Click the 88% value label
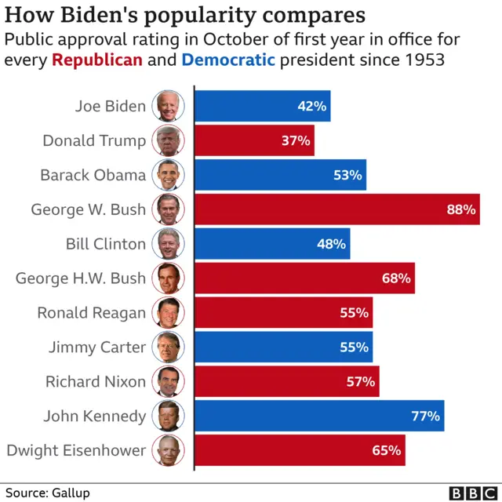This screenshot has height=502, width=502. pos(461,209)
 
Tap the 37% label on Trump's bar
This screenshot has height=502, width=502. pos(296,140)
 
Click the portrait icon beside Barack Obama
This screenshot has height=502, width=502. pos(169,175)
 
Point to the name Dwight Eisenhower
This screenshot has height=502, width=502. pos(76,450)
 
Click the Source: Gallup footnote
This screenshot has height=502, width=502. pos(46,493)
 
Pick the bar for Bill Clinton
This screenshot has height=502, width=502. pos(271,244)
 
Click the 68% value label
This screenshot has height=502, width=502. pos(396,278)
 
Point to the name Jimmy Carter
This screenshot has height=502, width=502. pos(97,347)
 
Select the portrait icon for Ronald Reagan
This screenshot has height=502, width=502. pos(169,312)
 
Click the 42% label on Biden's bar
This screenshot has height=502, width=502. pos(312,106)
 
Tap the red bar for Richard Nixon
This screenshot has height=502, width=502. pos(286,381)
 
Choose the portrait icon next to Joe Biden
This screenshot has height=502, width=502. pos(169,106)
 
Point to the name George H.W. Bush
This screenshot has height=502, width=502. pos(81,278)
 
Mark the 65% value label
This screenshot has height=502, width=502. pos(387,450)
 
